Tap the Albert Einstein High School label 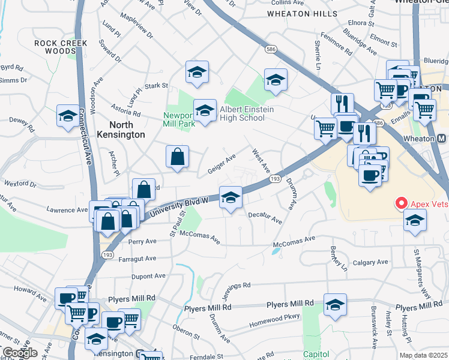242,113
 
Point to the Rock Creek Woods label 61,47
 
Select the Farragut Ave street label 137,259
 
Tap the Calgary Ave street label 370,263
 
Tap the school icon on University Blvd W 230,197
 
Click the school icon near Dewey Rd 68,115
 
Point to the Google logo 20,353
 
